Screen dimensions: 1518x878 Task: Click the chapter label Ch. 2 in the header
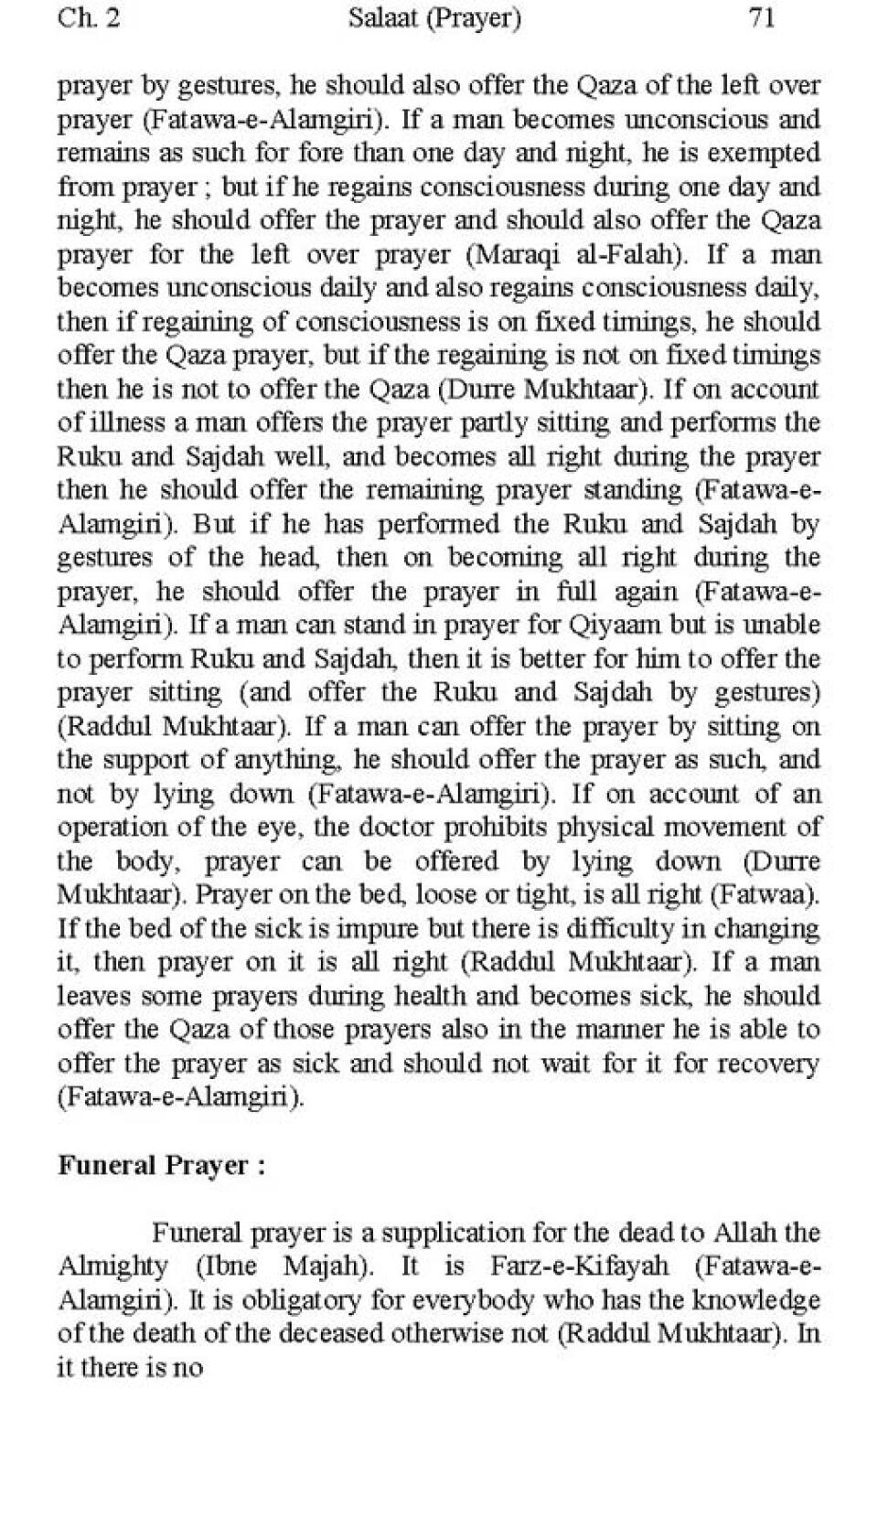(x=88, y=18)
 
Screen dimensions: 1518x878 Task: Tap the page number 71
(x=762, y=18)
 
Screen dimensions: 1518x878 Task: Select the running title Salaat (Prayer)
(x=434, y=18)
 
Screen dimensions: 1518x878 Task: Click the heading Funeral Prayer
(x=161, y=1166)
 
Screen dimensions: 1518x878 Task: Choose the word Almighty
(x=112, y=1267)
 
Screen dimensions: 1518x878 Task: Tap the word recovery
(x=768, y=1064)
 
